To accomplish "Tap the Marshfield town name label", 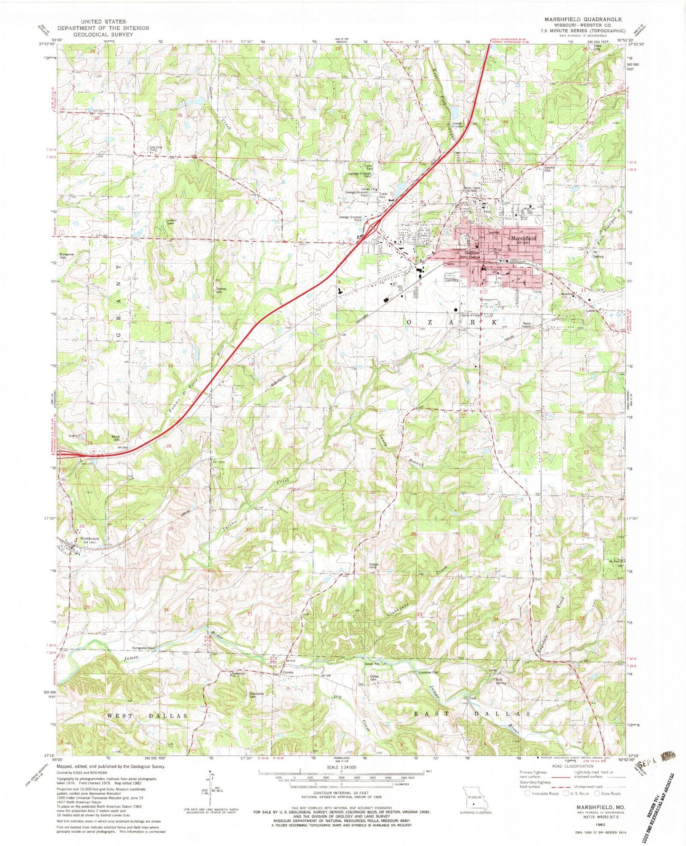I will click(x=524, y=238).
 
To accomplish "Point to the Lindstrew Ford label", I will click(x=428, y=672).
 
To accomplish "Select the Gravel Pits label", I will click(x=372, y=664).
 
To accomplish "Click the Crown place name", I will click(x=288, y=672).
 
